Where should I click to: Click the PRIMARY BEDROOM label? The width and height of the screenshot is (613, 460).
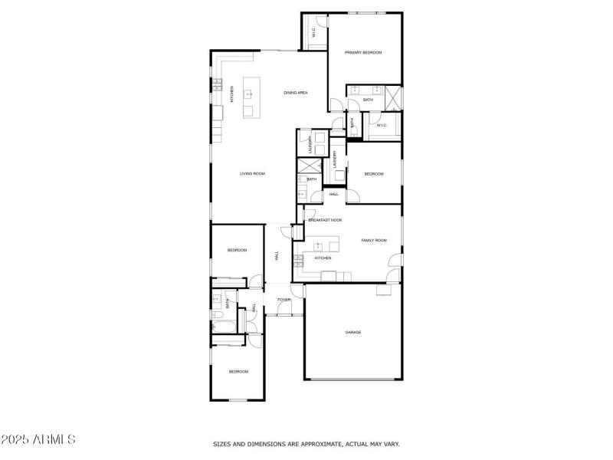[362, 52]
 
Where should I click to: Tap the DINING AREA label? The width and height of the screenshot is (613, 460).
[296, 93]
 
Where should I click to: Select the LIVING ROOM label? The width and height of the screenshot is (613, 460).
[252, 174]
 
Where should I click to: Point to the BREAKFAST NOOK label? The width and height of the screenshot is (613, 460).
[325, 220]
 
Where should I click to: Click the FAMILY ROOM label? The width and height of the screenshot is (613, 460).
[374, 241]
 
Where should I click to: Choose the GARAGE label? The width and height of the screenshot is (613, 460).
[352, 332]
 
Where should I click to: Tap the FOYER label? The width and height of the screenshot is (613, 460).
[284, 300]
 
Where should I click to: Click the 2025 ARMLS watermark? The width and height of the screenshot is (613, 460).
[38, 440]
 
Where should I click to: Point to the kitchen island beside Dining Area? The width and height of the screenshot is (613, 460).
[248, 98]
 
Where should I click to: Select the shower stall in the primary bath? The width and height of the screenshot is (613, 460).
[393, 97]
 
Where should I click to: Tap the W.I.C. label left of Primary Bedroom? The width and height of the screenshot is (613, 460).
[314, 33]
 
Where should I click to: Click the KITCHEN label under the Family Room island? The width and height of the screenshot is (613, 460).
[323, 258]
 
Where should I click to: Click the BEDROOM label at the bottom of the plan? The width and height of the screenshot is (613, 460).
[238, 372]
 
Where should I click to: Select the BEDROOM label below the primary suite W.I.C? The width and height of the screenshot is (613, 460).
[373, 174]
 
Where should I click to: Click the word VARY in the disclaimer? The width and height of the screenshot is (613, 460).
[391, 444]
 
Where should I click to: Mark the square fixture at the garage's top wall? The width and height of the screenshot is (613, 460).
[382, 290]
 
